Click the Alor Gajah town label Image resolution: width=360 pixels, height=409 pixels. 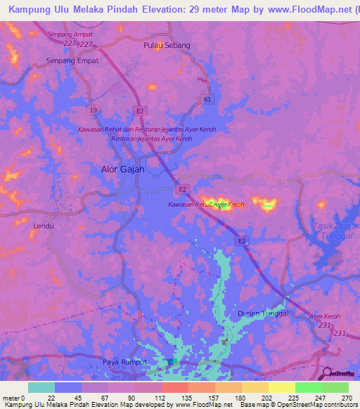(119, 169)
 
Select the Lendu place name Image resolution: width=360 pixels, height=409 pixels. (44, 226)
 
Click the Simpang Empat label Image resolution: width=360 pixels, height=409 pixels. (72, 60)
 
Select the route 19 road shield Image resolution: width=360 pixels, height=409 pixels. (93, 110)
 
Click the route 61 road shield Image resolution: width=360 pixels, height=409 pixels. (207, 100)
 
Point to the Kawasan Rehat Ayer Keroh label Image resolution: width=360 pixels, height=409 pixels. (206, 204)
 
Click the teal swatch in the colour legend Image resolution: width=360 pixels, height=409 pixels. (41, 387)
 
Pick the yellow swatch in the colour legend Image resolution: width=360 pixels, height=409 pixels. (281, 387)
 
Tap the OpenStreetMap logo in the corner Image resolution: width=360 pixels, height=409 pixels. (341, 373)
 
